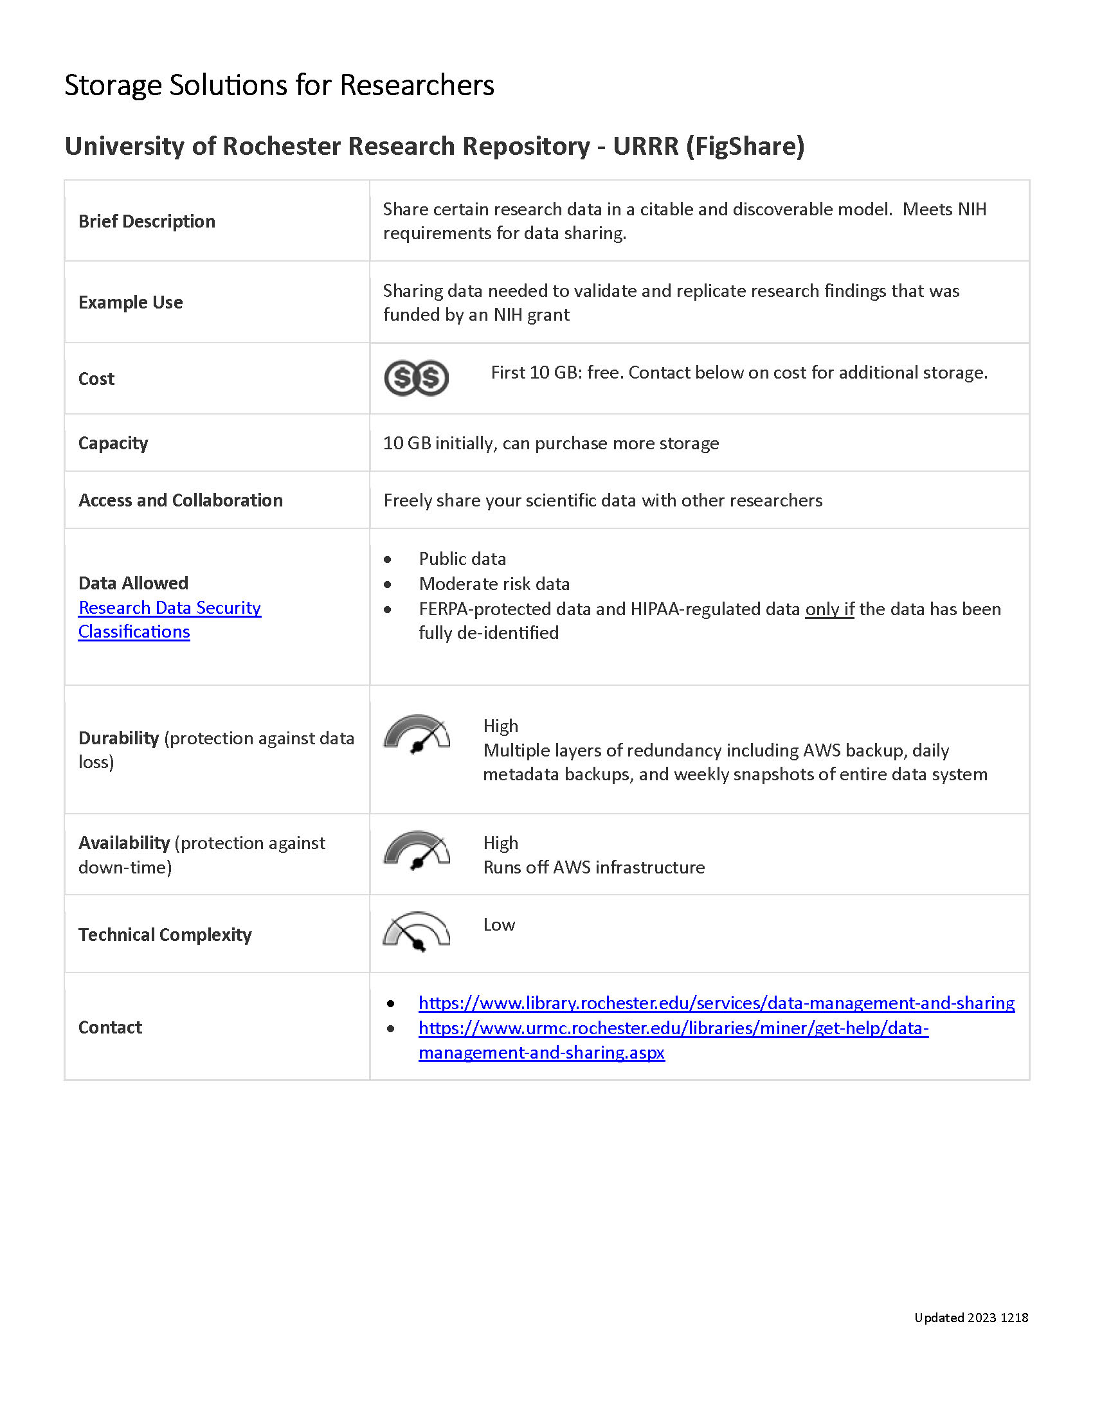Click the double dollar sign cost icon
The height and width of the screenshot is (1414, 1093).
coord(416,378)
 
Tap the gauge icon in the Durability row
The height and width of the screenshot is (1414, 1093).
coord(417,734)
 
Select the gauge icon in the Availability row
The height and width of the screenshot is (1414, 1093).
coord(417,850)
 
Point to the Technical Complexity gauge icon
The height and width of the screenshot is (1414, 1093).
coord(417,933)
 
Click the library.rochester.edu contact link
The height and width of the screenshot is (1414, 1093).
coord(716,1003)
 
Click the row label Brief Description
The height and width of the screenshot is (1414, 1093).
coord(147,222)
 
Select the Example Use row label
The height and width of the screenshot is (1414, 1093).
coord(131,302)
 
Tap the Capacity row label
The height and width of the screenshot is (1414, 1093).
coord(113,443)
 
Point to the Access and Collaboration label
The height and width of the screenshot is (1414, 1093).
coord(181,501)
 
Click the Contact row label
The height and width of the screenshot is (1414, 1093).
coord(110,1028)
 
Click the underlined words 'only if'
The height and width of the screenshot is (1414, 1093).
coord(829,609)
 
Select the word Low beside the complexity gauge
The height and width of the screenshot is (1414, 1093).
coord(498,924)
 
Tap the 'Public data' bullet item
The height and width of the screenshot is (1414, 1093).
coord(462,559)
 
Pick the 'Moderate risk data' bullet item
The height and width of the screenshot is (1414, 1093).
coord(494,584)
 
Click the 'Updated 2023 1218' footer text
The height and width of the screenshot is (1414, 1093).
coord(971,1318)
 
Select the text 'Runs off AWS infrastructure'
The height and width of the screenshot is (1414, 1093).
coord(594,868)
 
